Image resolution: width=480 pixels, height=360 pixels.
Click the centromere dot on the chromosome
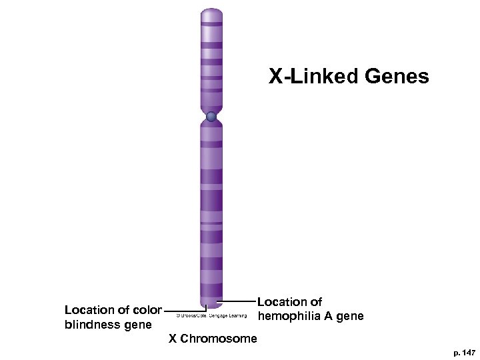click(x=211, y=117)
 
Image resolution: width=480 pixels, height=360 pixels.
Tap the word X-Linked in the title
click(x=314, y=77)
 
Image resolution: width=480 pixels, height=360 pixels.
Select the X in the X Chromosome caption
click(x=173, y=339)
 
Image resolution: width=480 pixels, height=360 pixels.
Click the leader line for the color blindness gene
click(x=181, y=310)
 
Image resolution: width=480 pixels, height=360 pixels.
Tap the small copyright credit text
click(x=211, y=315)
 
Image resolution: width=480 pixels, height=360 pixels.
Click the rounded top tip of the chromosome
click(x=211, y=12)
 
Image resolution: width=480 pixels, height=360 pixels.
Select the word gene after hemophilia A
click(x=350, y=315)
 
